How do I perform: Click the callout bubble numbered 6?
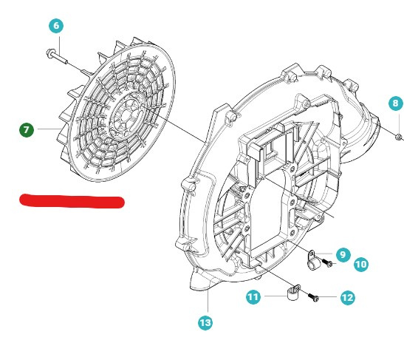tap(57, 25)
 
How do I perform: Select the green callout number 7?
tap(27, 130)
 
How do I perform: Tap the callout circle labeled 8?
tap(395, 103)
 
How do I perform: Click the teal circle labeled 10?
tap(360, 264)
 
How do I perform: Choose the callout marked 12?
tap(347, 298)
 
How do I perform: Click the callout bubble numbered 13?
tap(205, 322)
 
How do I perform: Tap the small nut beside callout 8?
tap(398, 136)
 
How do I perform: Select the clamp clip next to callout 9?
tap(313, 258)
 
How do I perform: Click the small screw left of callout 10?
tap(328, 265)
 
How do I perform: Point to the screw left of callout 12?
tap(315, 297)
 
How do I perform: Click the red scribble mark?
tap(72, 200)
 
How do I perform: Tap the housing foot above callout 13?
tap(201, 282)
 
